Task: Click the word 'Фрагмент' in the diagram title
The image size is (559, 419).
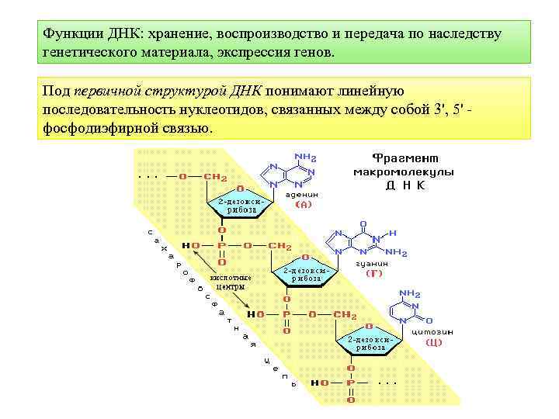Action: [404, 157]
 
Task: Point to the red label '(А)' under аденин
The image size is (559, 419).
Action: [304, 205]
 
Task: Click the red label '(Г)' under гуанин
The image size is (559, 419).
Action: [374, 273]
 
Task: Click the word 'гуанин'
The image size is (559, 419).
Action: [371, 263]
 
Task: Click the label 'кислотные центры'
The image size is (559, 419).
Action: [231, 282]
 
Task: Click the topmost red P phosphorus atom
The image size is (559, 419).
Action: [222, 246]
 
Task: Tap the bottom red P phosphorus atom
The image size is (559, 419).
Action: [349, 383]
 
